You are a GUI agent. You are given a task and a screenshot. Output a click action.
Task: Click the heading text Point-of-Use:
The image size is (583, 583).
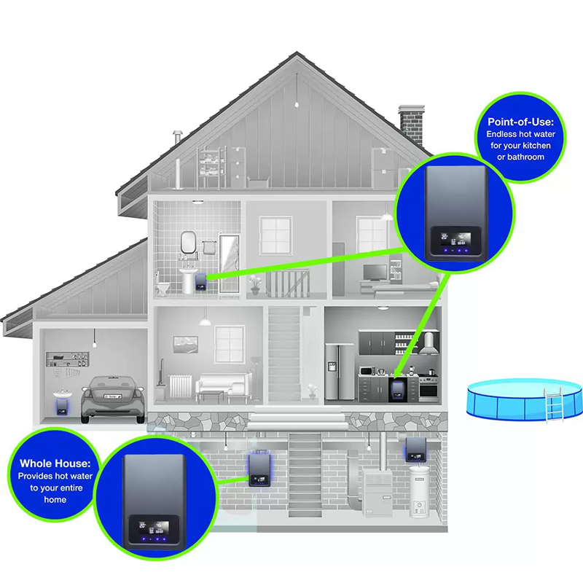519,121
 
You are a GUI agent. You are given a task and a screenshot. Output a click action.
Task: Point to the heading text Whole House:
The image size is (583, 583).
55,463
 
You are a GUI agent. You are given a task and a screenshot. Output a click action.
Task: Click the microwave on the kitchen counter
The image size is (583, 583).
367,369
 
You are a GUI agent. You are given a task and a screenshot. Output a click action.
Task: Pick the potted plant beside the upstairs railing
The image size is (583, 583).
255,287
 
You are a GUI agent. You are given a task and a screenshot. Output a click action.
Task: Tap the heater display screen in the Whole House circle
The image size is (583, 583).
142,524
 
